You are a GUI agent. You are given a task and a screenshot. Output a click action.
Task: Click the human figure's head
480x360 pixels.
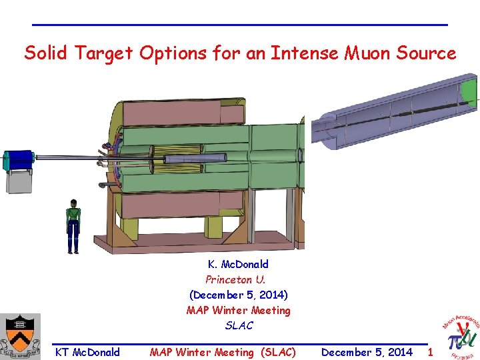tap(73, 203)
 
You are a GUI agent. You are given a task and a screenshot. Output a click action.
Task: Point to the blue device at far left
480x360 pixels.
tap(19, 160)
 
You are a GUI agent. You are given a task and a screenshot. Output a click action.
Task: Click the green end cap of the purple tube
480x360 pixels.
tap(470, 91)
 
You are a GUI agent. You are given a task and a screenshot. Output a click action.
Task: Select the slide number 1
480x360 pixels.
tap(430, 352)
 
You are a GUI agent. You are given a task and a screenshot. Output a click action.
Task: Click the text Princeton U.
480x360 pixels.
tap(235, 279)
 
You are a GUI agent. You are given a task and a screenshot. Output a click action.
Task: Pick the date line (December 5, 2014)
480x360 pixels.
tap(239, 295)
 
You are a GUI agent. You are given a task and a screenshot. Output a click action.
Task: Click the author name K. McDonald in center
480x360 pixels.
tap(238, 264)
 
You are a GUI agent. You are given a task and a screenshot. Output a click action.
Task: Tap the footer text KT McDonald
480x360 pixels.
tap(87, 352)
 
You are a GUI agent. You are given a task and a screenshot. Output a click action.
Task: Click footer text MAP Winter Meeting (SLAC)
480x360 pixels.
tap(223, 352)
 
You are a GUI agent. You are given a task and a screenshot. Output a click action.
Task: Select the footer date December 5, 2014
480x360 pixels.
tap(367, 352)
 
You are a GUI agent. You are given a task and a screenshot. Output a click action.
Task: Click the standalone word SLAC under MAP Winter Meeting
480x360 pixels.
tap(239, 325)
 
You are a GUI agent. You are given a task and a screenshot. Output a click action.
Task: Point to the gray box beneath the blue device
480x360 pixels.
tap(19, 181)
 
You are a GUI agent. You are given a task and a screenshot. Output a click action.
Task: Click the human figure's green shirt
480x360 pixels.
tap(73, 216)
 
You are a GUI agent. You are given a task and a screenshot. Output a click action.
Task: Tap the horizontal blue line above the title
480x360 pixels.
tap(240, 25)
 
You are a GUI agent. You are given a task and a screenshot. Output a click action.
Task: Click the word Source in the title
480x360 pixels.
tap(427, 53)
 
